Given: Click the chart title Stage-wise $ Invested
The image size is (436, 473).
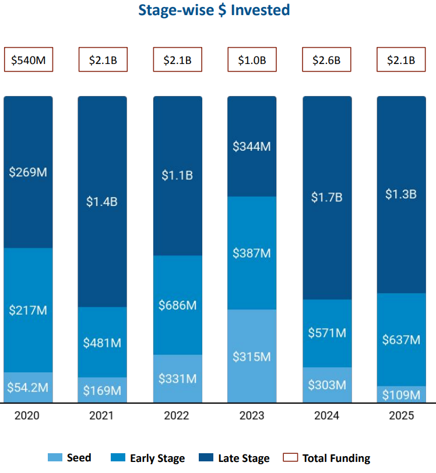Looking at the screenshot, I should coord(214,10).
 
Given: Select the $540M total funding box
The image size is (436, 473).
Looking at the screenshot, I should coord(29,59).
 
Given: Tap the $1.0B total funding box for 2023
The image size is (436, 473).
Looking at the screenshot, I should coord(252,59).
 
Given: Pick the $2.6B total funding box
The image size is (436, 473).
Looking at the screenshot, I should coord(326,59).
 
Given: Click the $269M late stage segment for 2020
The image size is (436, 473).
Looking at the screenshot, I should coord(28,172).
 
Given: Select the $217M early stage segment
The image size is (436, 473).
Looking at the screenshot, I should coord(28,310).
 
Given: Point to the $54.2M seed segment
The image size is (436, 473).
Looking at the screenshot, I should coord(28,387).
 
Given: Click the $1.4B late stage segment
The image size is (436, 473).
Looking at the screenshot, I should coord(102,202).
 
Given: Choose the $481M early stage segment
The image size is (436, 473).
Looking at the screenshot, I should coord(102,343).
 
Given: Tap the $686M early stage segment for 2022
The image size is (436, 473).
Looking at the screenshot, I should coord(177,305).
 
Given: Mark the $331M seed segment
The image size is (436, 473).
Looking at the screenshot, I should coord(177,379).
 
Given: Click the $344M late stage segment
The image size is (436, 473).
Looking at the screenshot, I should coord(252,147).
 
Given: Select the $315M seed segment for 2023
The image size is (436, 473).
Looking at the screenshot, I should coord(252,356).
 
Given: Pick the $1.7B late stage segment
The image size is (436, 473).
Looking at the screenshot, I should coord(326,197).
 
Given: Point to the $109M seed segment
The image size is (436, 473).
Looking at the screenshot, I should coord(401,394).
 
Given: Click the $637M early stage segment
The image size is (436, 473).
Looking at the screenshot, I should coord(401,340).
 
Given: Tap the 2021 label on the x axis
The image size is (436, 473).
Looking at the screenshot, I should coord(102,415).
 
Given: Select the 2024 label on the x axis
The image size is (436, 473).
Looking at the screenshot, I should coord(326,415).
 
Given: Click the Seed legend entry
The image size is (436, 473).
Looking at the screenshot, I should coord(70,458).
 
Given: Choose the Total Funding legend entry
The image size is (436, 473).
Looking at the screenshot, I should coord(328,458).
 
